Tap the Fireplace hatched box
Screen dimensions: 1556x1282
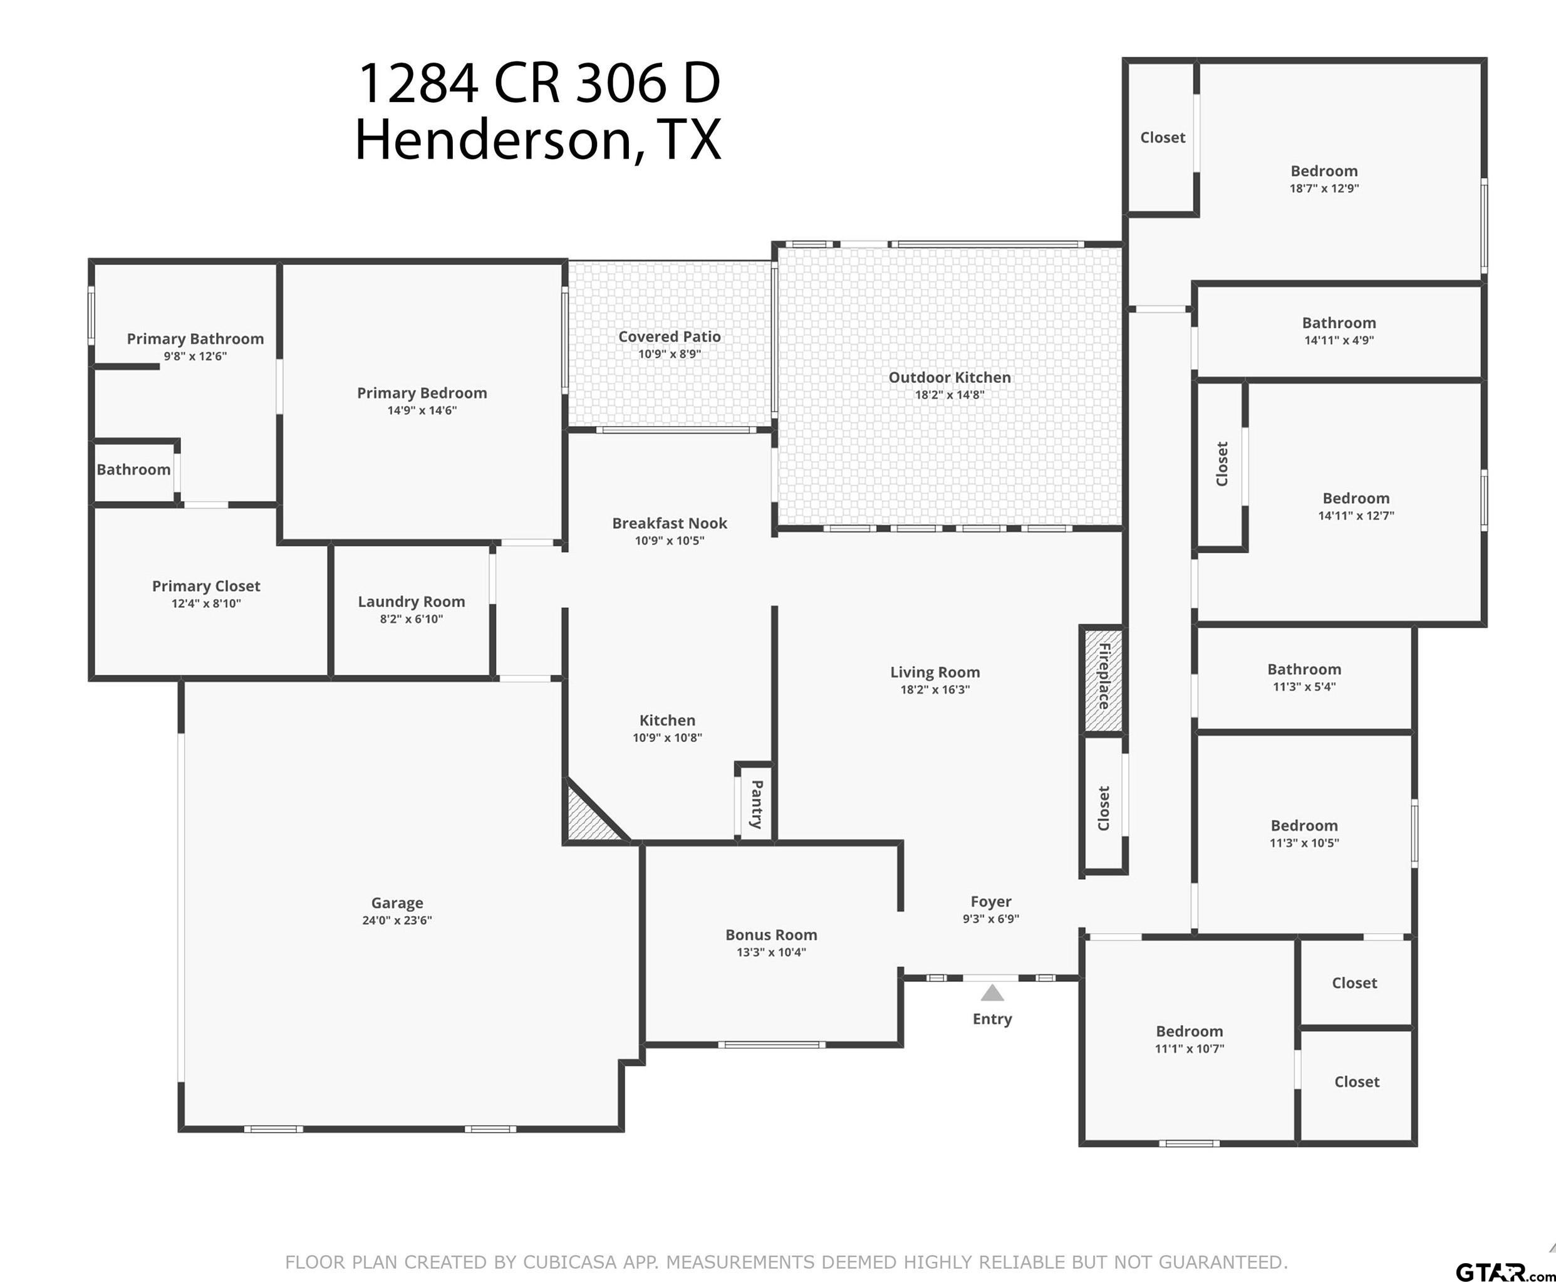(x=1102, y=679)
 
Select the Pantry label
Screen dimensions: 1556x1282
(x=757, y=803)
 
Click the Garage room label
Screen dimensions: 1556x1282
(x=397, y=902)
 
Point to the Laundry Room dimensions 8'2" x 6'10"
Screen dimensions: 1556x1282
(x=411, y=619)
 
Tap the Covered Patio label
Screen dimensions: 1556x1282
(x=670, y=336)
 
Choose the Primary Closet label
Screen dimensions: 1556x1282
(x=206, y=586)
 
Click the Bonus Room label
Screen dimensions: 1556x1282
(x=771, y=935)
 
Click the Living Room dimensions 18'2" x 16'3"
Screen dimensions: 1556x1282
(x=935, y=690)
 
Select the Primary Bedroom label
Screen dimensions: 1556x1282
(x=422, y=393)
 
